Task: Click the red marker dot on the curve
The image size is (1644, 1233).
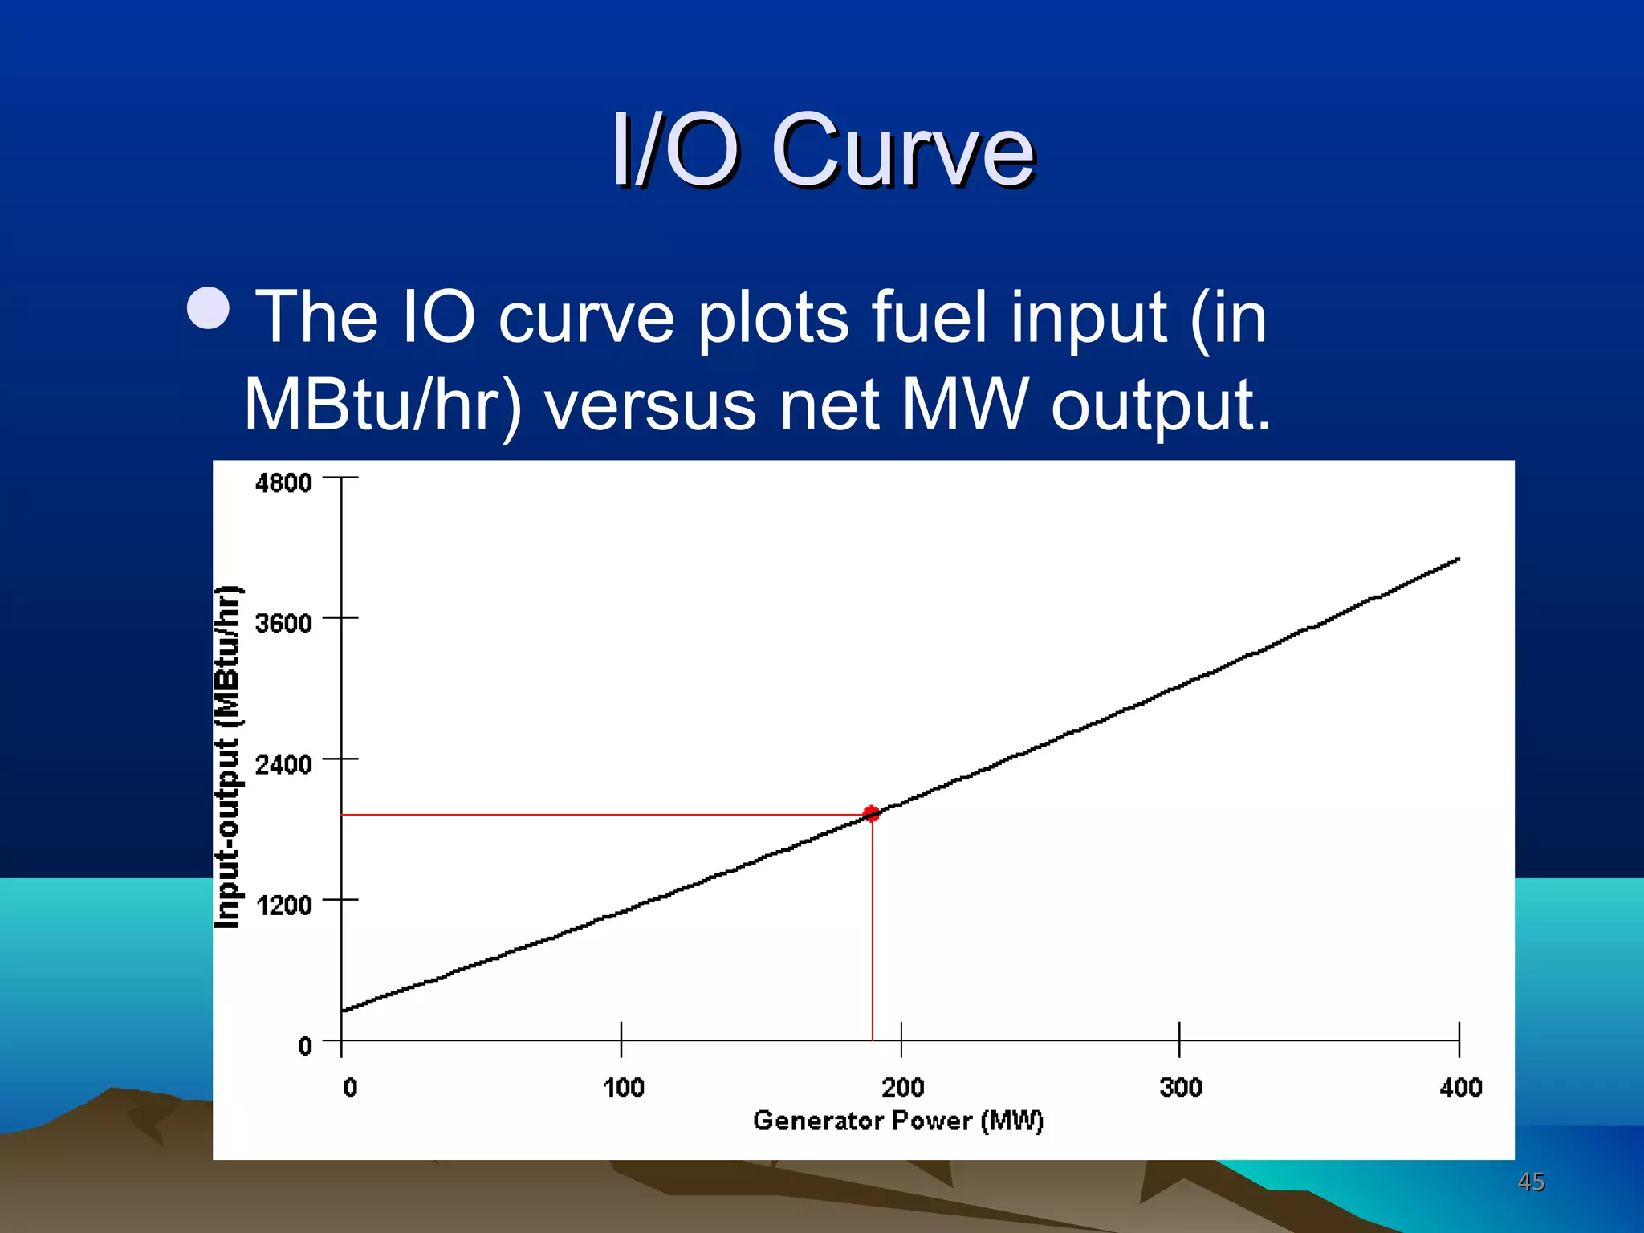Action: [871, 814]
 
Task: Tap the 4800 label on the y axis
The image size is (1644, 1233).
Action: [283, 483]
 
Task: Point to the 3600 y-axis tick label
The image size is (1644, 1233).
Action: [283, 623]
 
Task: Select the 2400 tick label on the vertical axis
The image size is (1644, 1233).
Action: [283, 763]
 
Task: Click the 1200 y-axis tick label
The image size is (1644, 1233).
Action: [283, 905]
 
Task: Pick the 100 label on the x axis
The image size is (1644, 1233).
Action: [624, 1088]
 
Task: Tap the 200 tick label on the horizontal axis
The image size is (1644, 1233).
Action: [902, 1088]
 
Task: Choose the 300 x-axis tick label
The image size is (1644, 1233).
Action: [1181, 1088]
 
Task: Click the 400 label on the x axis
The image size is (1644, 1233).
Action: [1460, 1088]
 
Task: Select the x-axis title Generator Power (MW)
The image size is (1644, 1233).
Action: [898, 1121]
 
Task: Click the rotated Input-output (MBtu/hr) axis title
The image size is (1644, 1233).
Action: [228, 757]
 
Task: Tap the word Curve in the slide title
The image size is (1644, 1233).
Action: [903, 150]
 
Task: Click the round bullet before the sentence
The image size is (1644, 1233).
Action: [209, 308]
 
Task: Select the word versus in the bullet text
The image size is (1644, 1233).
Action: [651, 405]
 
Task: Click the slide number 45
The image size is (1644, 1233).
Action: [1531, 1182]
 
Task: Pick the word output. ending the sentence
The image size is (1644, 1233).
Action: [1162, 406]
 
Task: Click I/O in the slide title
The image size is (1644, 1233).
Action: [674, 150]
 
